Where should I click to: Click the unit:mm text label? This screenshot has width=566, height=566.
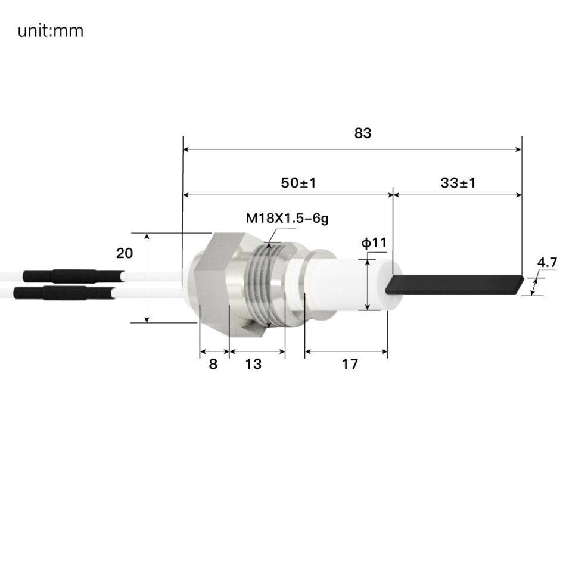51,30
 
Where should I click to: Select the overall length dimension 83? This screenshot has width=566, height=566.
362,133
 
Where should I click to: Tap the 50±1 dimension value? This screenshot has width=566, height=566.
298,183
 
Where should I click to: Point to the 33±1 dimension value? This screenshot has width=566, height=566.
458,183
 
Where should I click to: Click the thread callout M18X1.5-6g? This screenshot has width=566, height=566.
287,218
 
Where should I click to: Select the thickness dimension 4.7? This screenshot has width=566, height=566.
546,262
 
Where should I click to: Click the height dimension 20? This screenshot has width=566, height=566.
125,253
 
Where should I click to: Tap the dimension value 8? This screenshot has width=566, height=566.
213,364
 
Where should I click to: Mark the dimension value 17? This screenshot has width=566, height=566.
350,364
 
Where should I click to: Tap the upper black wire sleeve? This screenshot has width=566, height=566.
60,276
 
